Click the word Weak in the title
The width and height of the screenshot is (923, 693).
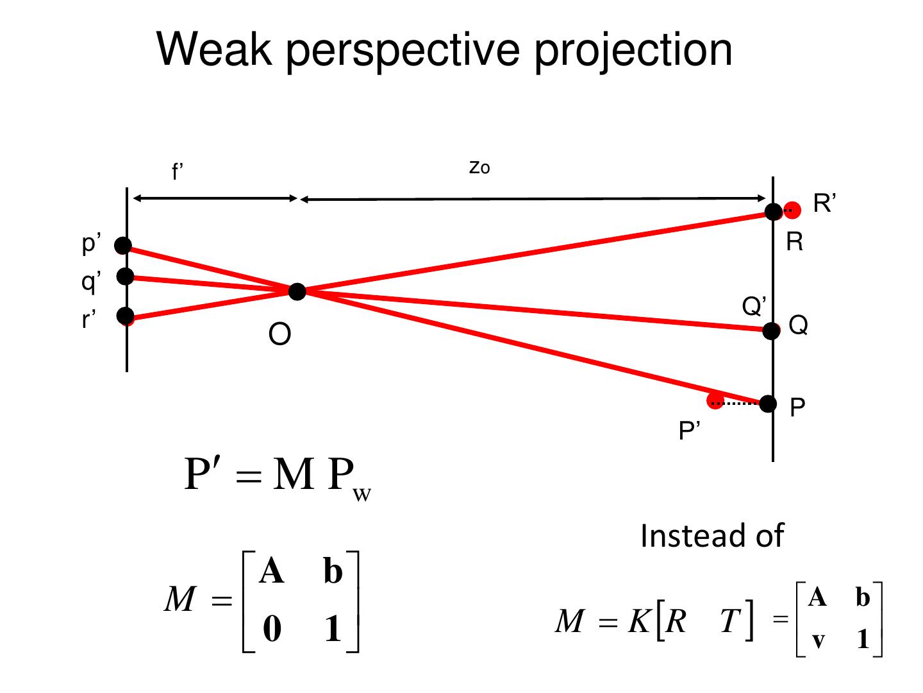tap(215, 49)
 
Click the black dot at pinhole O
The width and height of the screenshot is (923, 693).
tap(297, 291)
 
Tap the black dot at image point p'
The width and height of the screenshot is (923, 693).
tap(123, 245)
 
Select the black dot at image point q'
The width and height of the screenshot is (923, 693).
tap(126, 276)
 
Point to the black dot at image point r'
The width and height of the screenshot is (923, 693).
tap(126, 315)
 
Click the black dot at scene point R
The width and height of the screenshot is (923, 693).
tap(774, 210)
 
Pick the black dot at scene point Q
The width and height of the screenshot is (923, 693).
tap(771, 330)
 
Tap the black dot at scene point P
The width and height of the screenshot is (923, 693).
tap(768, 404)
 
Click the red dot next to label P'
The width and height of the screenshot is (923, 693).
tap(715, 401)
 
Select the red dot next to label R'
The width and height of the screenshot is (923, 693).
tap(793, 209)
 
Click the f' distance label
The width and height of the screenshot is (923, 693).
tap(178, 172)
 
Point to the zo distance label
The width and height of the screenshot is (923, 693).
tap(479, 167)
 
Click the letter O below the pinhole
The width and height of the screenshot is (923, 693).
tap(279, 334)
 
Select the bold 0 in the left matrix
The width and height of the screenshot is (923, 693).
tap(272, 628)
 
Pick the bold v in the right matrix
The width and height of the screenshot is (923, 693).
tap(818, 640)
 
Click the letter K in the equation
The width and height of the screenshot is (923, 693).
tap(639, 620)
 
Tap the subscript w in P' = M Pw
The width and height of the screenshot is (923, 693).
tap(362, 495)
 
